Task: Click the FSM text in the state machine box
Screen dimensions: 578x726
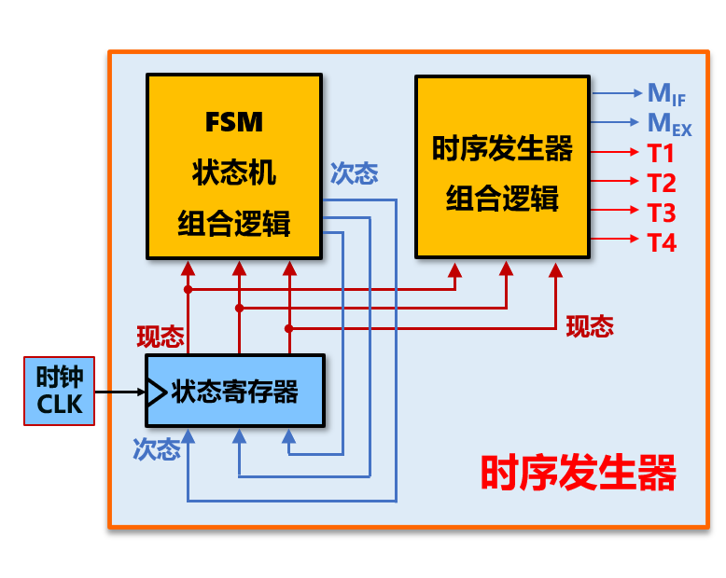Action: (x=234, y=122)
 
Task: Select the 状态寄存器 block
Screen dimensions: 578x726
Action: (x=234, y=391)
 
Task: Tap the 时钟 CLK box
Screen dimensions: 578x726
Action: (x=60, y=391)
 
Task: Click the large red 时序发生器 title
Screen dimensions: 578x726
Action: (x=578, y=473)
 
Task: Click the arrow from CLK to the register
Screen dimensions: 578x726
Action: (x=119, y=392)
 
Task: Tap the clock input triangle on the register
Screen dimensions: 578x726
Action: (x=153, y=392)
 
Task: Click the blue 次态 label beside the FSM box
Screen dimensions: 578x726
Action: (x=354, y=173)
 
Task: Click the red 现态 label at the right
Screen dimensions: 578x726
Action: (x=590, y=325)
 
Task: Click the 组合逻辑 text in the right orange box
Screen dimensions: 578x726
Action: (x=502, y=199)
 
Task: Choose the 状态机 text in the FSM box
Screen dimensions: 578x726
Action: (x=234, y=173)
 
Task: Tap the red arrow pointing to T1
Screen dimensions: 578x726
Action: (x=616, y=153)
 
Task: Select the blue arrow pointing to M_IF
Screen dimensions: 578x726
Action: (x=616, y=93)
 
